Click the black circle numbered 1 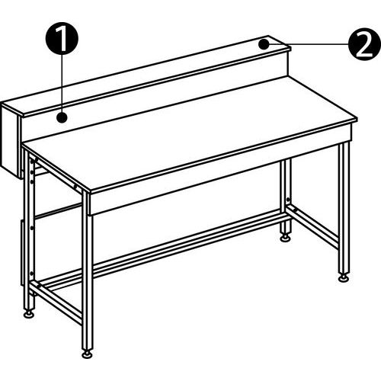click(62, 38)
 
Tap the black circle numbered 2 click(364, 44)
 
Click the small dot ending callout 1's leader click(62, 117)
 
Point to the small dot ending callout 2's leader click(264, 44)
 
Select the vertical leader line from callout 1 click(62, 83)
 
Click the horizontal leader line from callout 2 click(309, 44)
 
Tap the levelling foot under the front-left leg click(87, 354)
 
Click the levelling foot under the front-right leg click(344, 277)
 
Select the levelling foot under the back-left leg click(29, 314)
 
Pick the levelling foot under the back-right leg click(286, 238)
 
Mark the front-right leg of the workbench click(344, 208)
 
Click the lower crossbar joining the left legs click(56, 303)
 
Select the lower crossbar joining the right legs click(313, 226)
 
